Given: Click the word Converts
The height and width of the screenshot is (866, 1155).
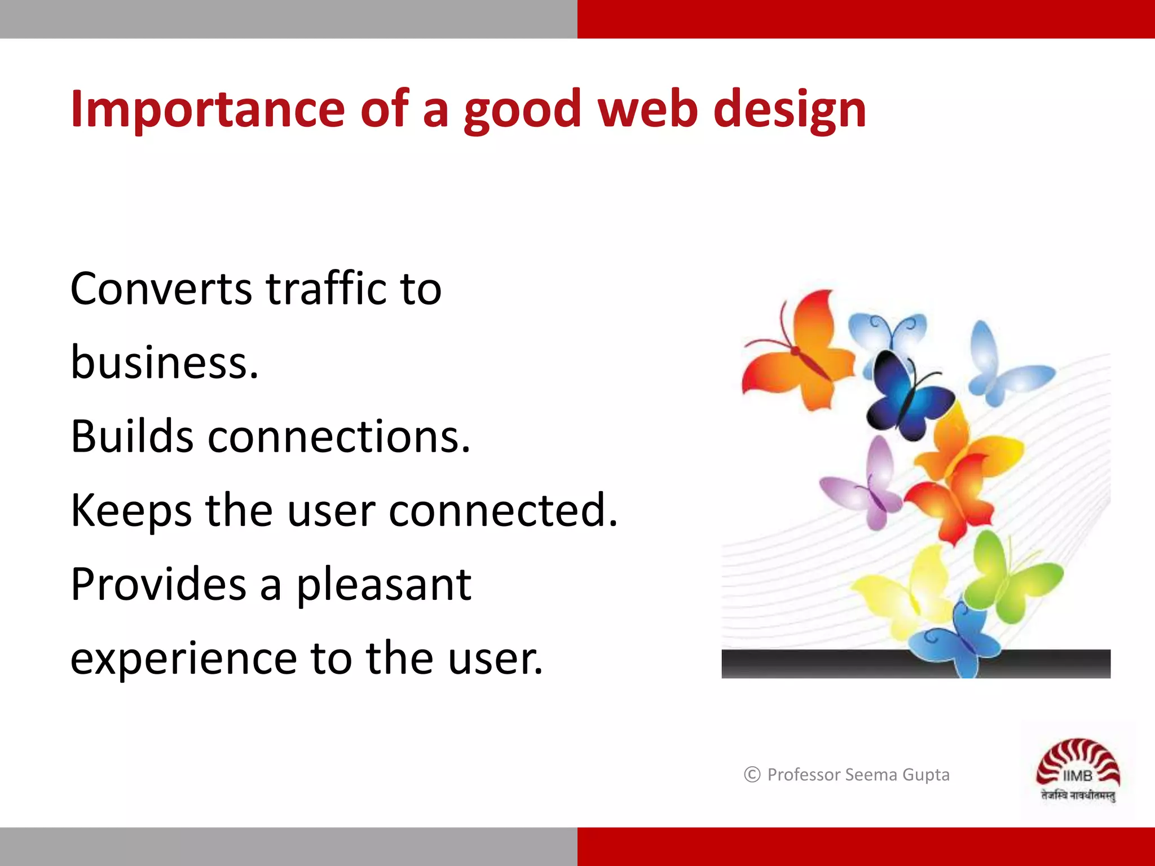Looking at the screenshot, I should click(x=161, y=289).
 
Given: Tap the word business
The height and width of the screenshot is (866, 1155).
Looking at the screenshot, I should click(x=164, y=363).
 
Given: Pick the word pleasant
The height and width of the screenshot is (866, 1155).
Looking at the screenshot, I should click(x=383, y=585).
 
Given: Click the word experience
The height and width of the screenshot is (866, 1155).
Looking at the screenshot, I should click(x=183, y=659).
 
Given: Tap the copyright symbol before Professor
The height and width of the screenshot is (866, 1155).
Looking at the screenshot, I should click(x=752, y=775).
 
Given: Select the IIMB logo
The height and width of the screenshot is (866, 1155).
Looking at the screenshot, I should click(x=1077, y=770).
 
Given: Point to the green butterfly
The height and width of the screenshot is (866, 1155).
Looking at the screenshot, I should click(x=1009, y=578).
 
